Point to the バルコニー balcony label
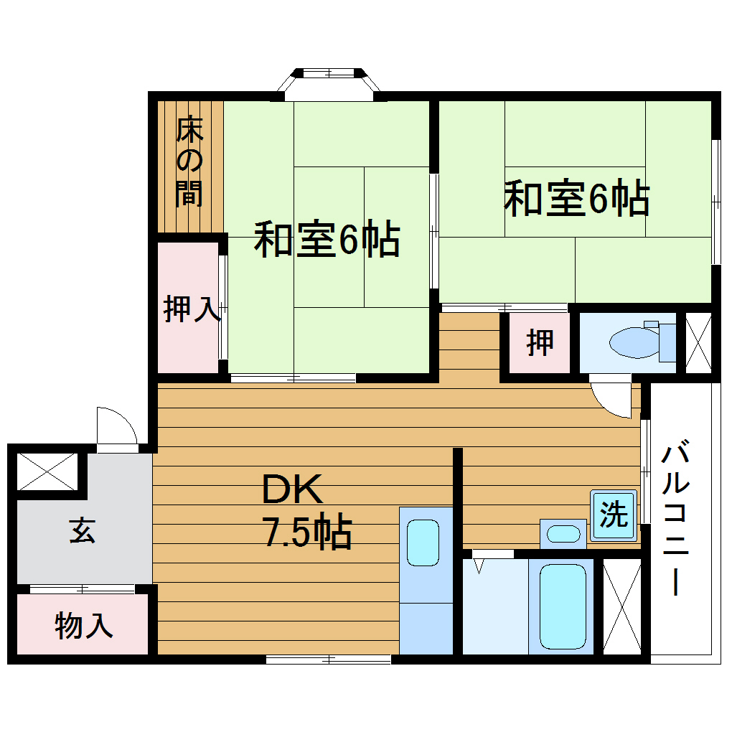click(x=675, y=519)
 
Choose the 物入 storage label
click(x=84, y=626)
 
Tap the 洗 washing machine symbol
click(x=614, y=515)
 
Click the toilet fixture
click(x=643, y=342)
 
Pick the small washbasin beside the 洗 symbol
click(x=563, y=533)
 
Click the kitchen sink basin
click(x=423, y=542)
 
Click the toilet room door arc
click(x=612, y=399)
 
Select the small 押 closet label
click(x=540, y=343)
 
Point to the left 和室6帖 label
click(x=326, y=240)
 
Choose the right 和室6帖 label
click(x=576, y=200)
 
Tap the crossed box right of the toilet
click(x=698, y=342)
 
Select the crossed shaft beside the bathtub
click(x=621, y=606)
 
